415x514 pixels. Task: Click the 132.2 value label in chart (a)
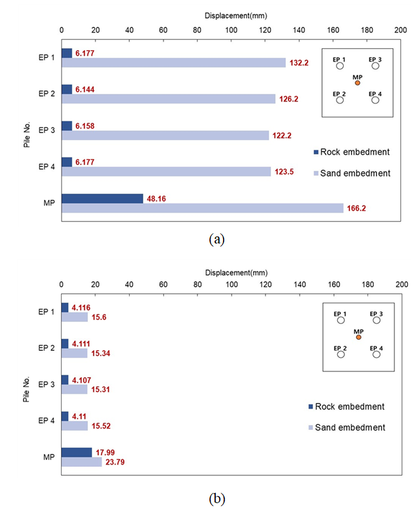click(299, 63)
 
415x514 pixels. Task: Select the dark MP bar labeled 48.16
click(102, 199)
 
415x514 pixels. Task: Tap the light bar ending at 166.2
click(202, 208)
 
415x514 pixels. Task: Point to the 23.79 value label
click(115, 462)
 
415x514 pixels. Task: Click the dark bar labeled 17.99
click(76, 453)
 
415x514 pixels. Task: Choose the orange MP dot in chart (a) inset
click(357, 83)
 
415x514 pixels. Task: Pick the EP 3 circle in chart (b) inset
click(376, 320)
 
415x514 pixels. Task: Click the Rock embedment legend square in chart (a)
click(316, 152)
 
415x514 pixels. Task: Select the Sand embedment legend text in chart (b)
click(350, 427)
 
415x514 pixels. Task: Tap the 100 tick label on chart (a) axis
click(231, 30)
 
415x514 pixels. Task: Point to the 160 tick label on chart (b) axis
click(334, 285)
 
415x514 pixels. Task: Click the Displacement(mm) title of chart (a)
click(236, 15)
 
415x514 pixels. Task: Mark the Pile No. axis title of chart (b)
click(26, 389)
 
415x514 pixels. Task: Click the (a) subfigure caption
click(216, 239)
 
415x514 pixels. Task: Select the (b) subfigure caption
click(216, 499)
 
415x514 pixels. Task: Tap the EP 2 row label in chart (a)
click(46, 94)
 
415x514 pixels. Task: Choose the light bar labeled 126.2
click(168, 99)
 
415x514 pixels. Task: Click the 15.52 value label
click(101, 426)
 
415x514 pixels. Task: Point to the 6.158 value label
click(85, 126)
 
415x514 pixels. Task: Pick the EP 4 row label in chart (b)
click(46, 421)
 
